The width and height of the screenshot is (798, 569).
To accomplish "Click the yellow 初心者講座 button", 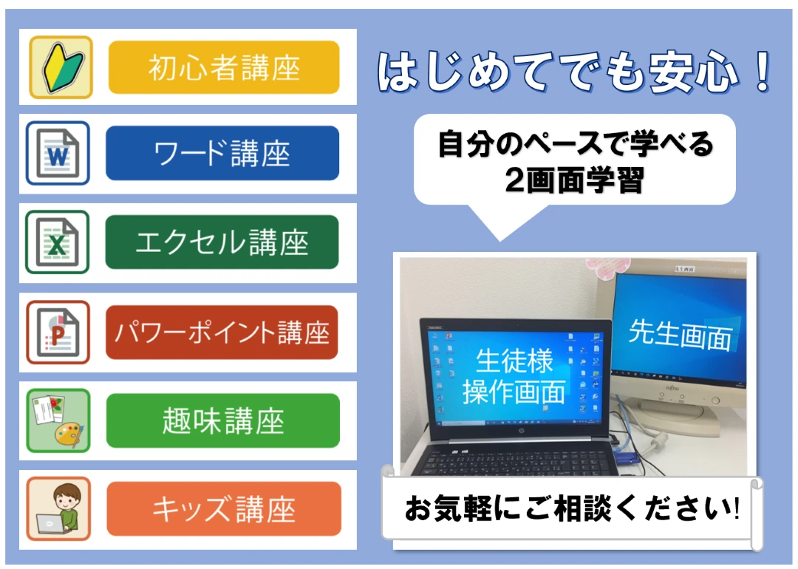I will [x=224, y=67].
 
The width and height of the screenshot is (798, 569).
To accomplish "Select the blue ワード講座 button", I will [x=222, y=153].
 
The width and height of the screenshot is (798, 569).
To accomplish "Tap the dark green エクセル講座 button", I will [x=222, y=242].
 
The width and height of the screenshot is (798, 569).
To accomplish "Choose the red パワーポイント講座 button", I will [x=222, y=332].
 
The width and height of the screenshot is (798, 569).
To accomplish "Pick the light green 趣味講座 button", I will [x=223, y=420].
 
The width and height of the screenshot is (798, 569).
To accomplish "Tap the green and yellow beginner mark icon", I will [x=61, y=67].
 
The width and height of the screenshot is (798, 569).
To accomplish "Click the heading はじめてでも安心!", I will [x=575, y=72].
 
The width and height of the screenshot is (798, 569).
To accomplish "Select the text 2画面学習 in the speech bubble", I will [x=574, y=180].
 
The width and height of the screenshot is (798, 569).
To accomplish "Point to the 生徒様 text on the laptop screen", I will [x=514, y=361].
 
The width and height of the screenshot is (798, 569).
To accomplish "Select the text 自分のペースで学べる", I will [x=575, y=144].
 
